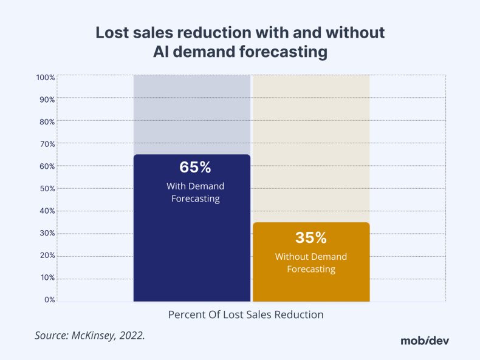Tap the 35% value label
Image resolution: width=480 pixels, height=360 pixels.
(x=311, y=237)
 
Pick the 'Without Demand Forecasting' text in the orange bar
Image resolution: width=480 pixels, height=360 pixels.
(x=311, y=262)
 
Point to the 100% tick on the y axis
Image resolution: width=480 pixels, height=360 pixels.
(x=46, y=78)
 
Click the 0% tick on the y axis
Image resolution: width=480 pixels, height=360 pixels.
(x=49, y=300)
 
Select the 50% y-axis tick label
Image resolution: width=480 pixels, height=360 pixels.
(x=47, y=189)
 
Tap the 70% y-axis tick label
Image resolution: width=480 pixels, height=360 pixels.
(x=47, y=144)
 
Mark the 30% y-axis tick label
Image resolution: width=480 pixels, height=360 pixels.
(x=47, y=233)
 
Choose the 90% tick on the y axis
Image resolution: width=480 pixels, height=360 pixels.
(x=47, y=100)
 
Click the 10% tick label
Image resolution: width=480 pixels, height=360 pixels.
(x=47, y=277)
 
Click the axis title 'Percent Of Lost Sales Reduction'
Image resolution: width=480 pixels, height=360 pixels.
(x=245, y=315)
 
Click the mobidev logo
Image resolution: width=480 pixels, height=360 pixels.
(x=425, y=340)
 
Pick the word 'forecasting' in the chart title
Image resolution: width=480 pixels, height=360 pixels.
(x=284, y=53)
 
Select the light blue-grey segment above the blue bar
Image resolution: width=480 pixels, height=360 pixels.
(x=192, y=114)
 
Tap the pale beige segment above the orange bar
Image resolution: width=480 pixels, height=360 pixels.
(x=311, y=148)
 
